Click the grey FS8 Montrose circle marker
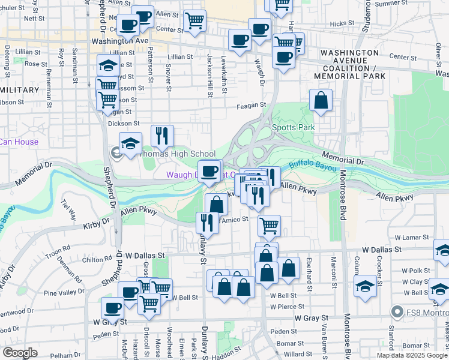pyautogui.click(x=396, y=311)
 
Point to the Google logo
pyautogui.click(x=20, y=353)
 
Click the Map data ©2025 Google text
pyautogui.click(x=412, y=355)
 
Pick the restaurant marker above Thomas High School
pyautogui.click(x=161, y=136)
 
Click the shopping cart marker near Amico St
pyautogui.click(x=269, y=226)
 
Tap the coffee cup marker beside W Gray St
pyautogui.click(x=112, y=308)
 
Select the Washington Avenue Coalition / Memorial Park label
pyautogui.click(x=352, y=65)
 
